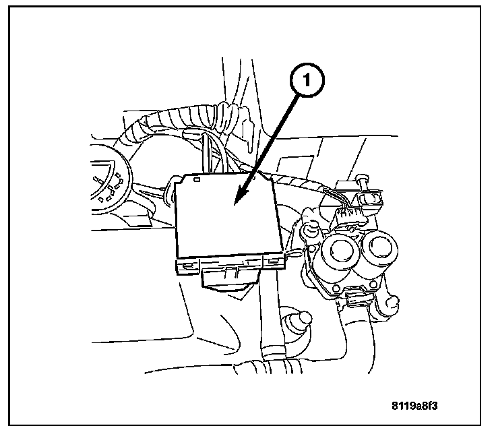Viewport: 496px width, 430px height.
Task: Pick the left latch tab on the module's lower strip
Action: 183,264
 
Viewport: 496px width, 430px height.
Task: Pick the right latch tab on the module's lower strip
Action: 272,261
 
